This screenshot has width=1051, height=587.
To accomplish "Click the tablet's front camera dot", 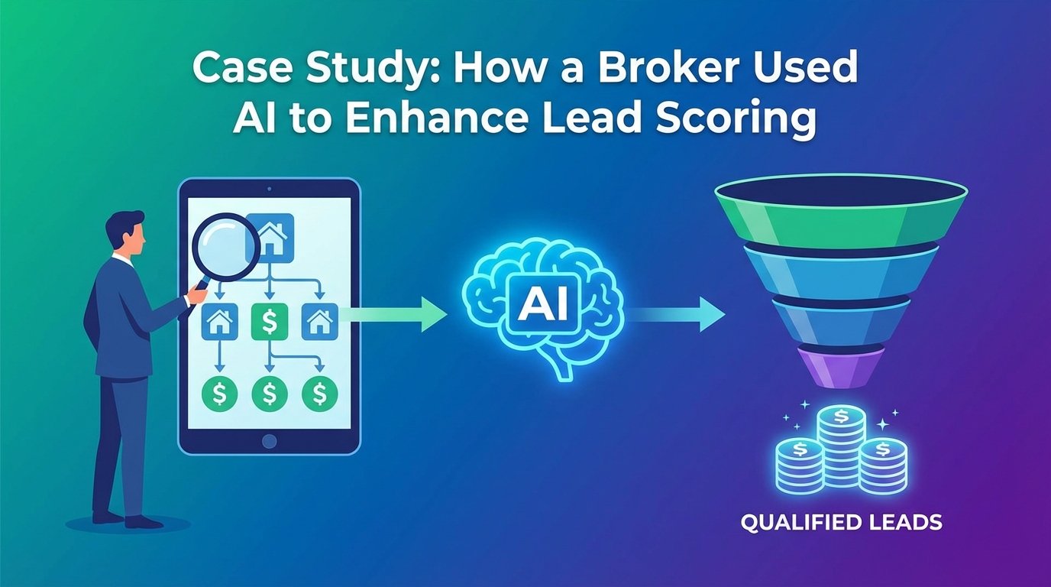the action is (x=269, y=188).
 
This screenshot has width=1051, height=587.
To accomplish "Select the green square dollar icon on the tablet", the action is (x=268, y=322).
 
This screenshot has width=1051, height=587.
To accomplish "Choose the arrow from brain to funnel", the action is (x=676, y=313).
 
